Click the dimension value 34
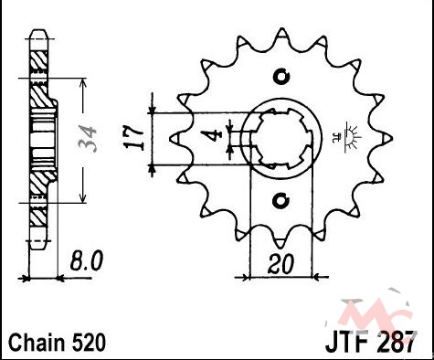[x=87, y=139]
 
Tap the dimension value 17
[x=134, y=139]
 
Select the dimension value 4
[x=216, y=135]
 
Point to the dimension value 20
[x=281, y=264]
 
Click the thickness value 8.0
[x=87, y=260]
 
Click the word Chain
[x=37, y=343]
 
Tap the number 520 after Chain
[x=89, y=343]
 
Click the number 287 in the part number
[x=397, y=343]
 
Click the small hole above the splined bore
[x=281, y=77]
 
